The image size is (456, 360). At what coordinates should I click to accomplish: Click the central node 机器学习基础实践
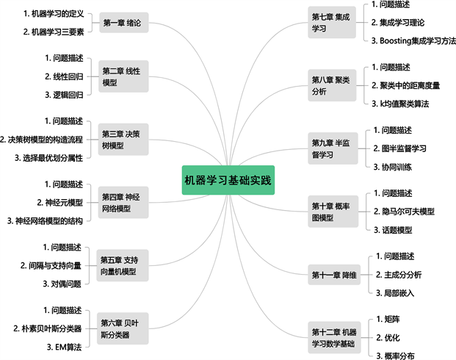click(228, 180)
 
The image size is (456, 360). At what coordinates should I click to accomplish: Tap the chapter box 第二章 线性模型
click(121, 76)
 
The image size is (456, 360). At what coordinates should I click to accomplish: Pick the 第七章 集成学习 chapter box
click(330, 22)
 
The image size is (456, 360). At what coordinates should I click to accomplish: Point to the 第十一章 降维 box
click(334, 276)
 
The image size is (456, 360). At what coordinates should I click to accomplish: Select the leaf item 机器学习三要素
click(54, 32)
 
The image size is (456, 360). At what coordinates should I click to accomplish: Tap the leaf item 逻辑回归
click(64, 95)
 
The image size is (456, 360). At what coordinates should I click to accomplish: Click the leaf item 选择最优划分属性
click(49, 157)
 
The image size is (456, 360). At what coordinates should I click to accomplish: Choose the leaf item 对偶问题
click(62, 284)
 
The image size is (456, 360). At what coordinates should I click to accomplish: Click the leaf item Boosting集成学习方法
click(408, 40)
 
